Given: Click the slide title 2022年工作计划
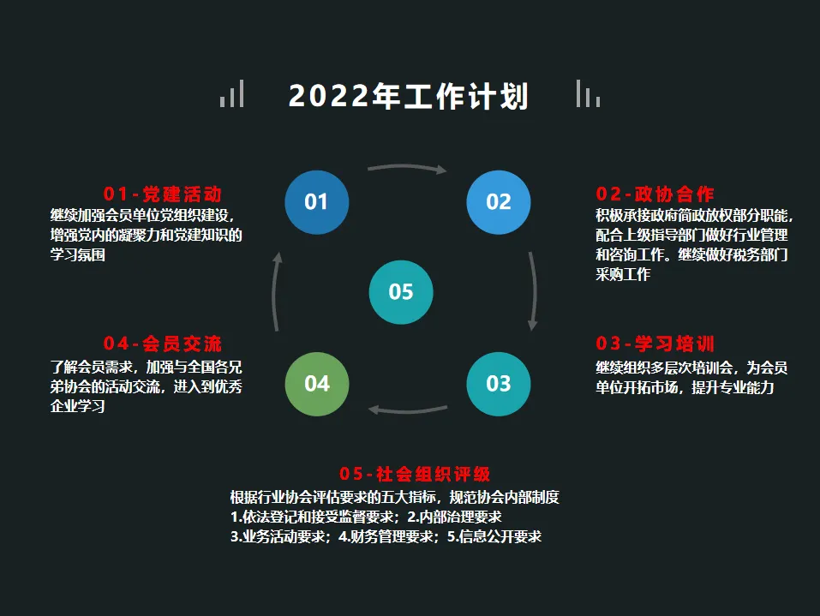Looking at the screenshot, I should [x=409, y=96].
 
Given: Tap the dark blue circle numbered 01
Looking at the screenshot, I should [x=316, y=202].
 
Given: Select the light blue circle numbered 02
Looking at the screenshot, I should [x=499, y=202].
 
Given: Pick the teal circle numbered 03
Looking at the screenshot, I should [x=499, y=384].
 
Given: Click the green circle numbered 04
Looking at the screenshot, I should [x=316, y=384].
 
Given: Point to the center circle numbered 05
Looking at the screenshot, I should [x=401, y=292].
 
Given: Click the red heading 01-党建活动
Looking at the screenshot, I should [x=163, y=194].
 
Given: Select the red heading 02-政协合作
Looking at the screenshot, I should [x=655, y=194].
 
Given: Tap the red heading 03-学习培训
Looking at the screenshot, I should [x=655, y=344].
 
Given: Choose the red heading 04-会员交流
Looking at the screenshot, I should [x=163, y=344].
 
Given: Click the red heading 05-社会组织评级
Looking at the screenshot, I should [x=415, y=474].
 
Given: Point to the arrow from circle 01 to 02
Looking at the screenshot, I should [x=407, y=167].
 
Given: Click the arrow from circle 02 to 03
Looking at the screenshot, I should [x=534, y=291].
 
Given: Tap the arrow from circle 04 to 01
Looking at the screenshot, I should [x=275, y=291].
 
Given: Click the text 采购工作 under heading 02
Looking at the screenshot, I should [x=623, y=275].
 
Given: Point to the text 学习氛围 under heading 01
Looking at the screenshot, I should [x=78, y=255].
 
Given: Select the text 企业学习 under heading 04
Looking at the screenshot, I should [x=78, y=406].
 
